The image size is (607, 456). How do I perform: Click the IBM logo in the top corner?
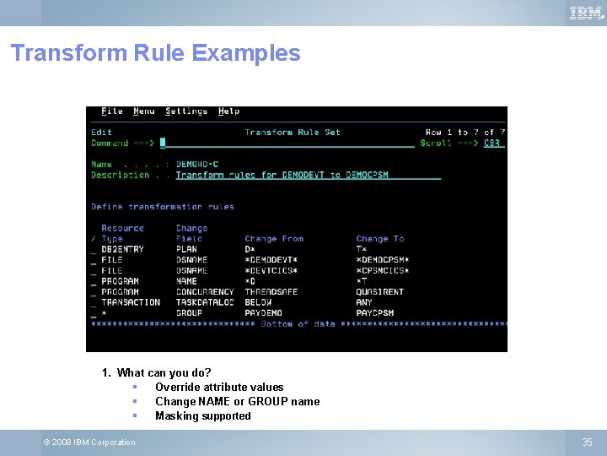[x=587, y=13]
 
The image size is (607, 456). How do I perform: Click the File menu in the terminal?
[x=112, y=111]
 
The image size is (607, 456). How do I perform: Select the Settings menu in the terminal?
[x=186, y=111]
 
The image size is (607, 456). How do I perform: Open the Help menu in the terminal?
[x=228, y=111]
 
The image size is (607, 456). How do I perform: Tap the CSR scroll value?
[x=492, y=143]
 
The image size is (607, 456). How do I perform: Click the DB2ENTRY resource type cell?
[x=122, y=249]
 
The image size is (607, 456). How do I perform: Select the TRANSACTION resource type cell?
[x=131, y=302]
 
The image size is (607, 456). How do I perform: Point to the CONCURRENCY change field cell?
[x=205, y=291]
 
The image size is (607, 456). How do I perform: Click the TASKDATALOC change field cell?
[x=205, y=302]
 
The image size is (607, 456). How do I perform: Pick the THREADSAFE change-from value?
[x=271, y=291]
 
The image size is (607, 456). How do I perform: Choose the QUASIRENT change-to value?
[x=380, y=291]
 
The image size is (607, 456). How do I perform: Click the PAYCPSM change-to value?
[x=375, y=312]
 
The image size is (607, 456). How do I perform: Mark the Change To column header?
[x=380, y=239]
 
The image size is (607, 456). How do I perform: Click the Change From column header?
[x=274, y=239]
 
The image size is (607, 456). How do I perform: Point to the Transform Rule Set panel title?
[x=293, y=132]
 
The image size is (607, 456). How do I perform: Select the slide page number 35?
[x=587, y=442]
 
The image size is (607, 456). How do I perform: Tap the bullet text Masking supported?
[x=202, y=415]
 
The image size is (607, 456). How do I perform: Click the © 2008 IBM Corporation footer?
[x=89, y=442]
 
